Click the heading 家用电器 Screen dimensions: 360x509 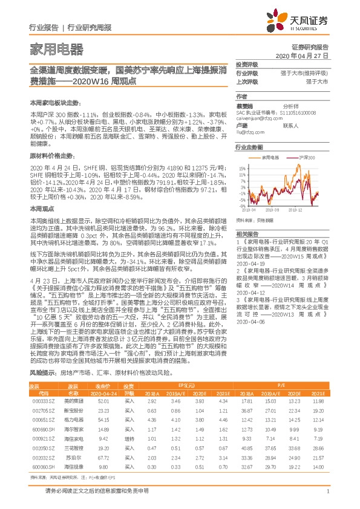[56, 49]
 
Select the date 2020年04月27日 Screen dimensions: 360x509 [306, 56]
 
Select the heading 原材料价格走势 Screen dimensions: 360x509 [51, 155]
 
